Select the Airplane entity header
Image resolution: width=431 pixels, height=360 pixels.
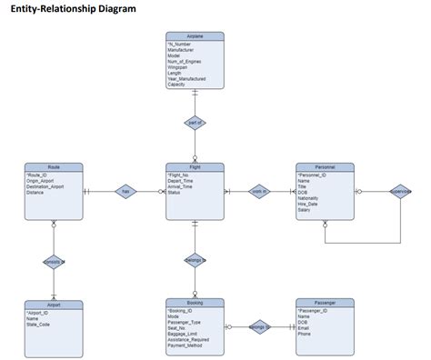tap(195, 35)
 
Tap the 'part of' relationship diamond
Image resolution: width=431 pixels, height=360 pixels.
tap(195, 123)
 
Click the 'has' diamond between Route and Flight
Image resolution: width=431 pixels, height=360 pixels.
tap(125, 192)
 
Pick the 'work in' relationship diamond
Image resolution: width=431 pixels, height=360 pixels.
tap(259, 192)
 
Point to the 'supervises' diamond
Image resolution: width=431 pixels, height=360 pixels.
tap(400, 192)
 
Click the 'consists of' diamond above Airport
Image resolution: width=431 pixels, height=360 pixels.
tap(54, 262)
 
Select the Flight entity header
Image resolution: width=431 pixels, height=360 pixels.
tap(195, 167)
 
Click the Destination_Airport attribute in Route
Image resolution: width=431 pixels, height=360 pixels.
tap(46, 186)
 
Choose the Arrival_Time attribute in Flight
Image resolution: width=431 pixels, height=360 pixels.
tap(183, 186)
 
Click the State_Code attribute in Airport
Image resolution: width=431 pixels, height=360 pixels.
tap(39, 325)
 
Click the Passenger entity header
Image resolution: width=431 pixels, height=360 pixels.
tap(325, 303)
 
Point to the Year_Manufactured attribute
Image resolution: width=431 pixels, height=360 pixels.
tap(187, 79)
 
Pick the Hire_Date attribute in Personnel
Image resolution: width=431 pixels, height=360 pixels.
tap(310, 203)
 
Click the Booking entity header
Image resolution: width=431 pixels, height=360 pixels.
tap(195, 303)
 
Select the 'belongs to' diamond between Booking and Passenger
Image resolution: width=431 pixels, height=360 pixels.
tap(259, 324)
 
